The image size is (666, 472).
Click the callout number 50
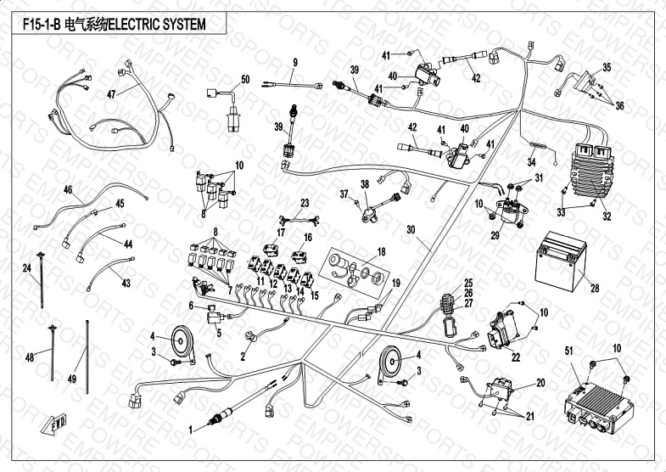click(x=245, y=80)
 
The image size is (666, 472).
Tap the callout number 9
click(x=295, y=63)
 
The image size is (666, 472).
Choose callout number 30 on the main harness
click(x=411, y=229)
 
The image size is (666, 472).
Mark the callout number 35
click(x=606, y=67)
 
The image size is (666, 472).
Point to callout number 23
click(x=305, y=202)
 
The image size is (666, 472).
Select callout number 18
click(x=381, y=251)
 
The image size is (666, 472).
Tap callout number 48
click(x=30, y=357)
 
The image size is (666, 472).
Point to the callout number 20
click(x=540, y=383)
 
